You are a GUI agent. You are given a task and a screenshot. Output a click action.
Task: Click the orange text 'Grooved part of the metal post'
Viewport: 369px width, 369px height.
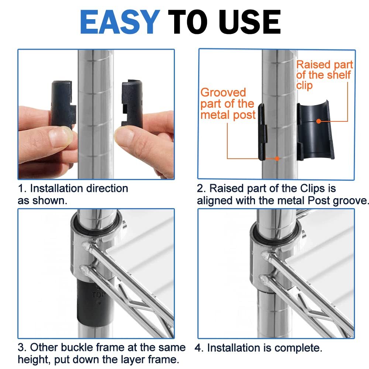228,104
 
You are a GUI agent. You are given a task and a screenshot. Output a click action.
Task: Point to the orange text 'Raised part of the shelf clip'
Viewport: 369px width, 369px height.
324,75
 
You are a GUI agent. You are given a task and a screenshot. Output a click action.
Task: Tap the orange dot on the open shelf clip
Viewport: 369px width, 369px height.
318,121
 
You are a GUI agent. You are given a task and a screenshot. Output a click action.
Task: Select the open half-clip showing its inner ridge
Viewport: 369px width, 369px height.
315,131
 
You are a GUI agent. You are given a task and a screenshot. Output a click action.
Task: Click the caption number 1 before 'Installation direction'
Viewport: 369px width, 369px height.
21,189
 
